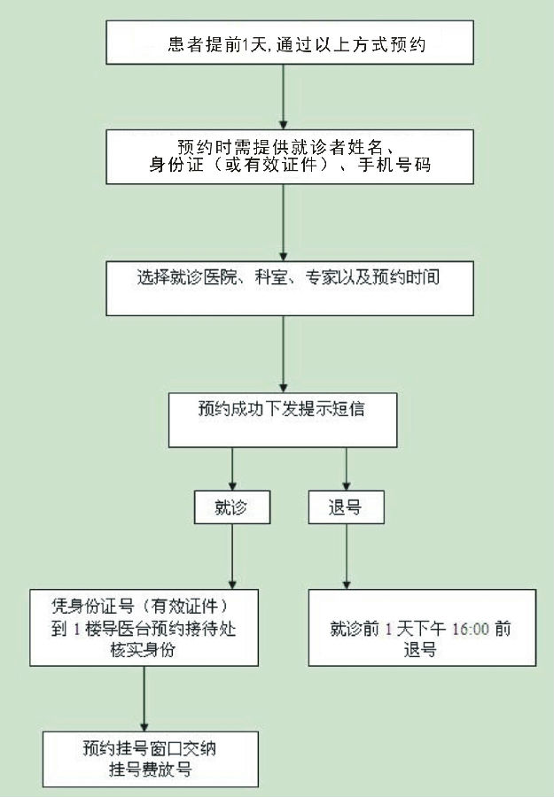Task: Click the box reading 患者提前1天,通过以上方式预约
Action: click(x=290, y=43)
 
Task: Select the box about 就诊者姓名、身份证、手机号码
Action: click(x=290, y=157)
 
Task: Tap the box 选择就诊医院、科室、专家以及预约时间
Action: click(x=290, y=288)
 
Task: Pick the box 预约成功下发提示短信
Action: click(x=283, y=420)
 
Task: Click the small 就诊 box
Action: click(x=232, y=507)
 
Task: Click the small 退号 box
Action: click(x=346, y=507)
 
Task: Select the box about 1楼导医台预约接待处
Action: click(x=144, y=628)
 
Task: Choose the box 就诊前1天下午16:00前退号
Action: click(x=422, y=628)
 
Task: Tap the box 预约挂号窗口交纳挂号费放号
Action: click(x=151, y=760)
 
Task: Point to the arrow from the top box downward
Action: click(x=284, y=97)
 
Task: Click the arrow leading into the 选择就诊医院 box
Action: click(x=284, y=222)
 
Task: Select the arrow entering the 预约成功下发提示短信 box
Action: click(x=284, y=354)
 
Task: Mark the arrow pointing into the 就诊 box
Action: click(x=232, y=469)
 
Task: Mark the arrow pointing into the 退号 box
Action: click(x=347, y=469)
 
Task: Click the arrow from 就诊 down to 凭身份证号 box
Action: click(x=232, y=557)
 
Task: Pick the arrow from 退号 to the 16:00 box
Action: click(x=347, y=557)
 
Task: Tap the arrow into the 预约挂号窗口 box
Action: click(x=144, y=699)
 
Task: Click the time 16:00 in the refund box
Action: click(x=470, y=629)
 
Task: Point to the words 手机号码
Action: click(x=394, y=165)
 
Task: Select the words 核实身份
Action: click(x=143, y=650)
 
